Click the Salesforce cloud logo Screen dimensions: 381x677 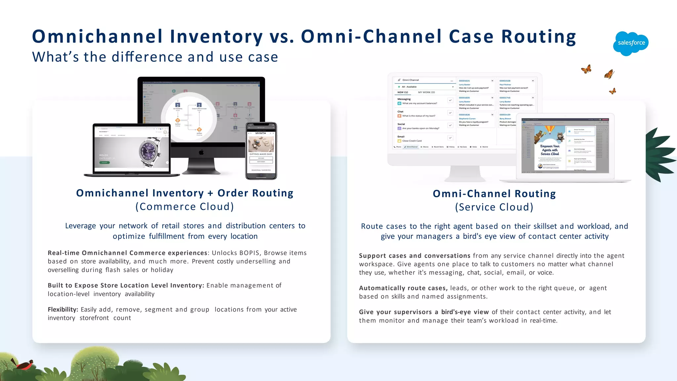coord(631,43)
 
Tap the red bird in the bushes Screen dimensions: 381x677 coord(23,364)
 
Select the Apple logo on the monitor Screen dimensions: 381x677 coord(201,152)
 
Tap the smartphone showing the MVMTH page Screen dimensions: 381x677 coord(261,151)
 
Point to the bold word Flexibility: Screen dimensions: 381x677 coord(63,310)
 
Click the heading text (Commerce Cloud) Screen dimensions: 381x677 coord(184,207)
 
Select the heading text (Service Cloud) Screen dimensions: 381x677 coord(494,207)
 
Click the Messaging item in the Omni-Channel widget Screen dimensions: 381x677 coord(404,99)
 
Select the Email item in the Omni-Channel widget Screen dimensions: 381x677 coord(401,136)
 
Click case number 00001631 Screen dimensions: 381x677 coord(464,81)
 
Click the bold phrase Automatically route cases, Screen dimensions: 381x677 coord(403,288)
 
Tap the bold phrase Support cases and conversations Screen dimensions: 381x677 coord(414,256)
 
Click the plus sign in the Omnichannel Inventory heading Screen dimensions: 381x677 coord(210,193)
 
